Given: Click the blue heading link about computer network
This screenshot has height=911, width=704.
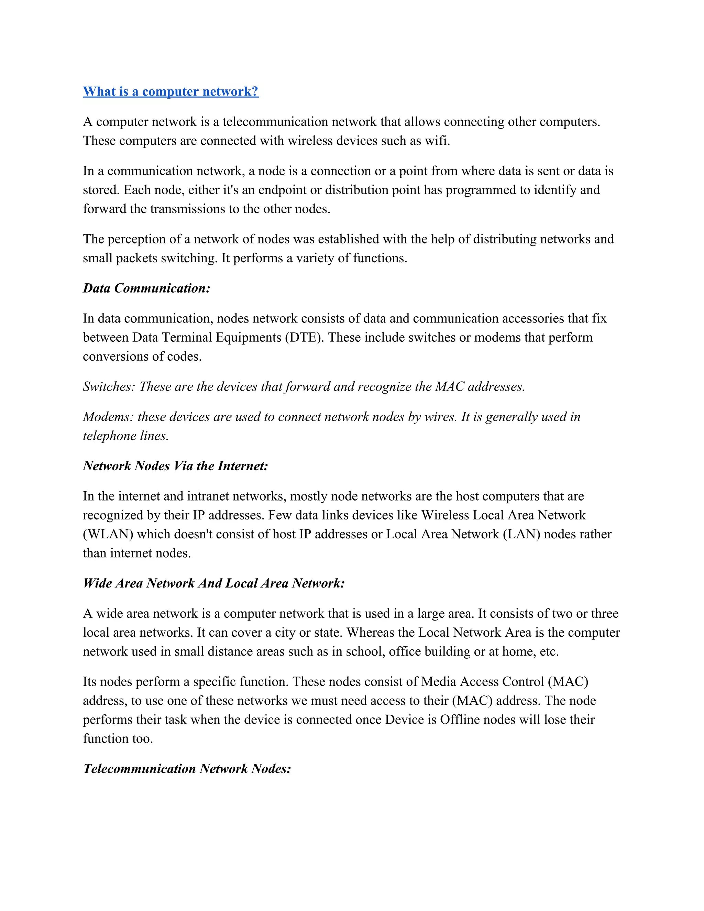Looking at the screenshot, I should (x=170, y=91).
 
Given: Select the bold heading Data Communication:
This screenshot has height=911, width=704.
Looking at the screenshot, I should (x=146, y=288).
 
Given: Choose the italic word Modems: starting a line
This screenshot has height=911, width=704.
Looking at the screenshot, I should (x=108, y=417).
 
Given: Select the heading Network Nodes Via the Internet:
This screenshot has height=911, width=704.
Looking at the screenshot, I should (x=175, y=466).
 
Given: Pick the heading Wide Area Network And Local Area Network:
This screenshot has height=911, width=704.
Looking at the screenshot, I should (x=213, y=583).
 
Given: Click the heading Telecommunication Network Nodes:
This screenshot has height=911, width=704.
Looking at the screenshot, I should (x=187, y=769).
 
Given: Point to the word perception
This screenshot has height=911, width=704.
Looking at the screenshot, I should (x=137, y=239).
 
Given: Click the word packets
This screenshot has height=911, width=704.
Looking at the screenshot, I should (x=136, y=258).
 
